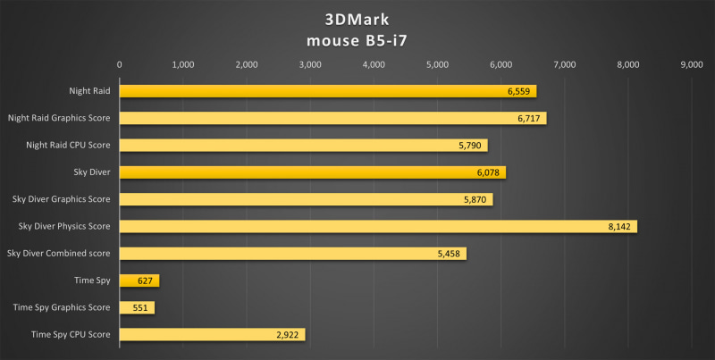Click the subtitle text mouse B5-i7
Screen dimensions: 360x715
click(x=356, y=38)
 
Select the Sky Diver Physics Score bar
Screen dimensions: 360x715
click(x=377, y=227)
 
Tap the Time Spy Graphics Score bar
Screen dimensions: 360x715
click(x=137, y=307)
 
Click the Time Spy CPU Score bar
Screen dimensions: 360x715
click(x=213, y=334)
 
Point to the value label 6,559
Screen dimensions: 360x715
click(x=518, y=91)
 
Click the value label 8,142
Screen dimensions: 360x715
click(x=619, y=227)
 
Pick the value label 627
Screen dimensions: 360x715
click(x=146, y=280)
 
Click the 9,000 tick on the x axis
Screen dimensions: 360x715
click(x=692, y=64)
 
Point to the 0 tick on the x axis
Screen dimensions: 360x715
click(x=120, y=64)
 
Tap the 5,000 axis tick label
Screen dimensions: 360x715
click(x=437, y=64)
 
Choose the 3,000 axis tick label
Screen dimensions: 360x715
click(x=310, y=64)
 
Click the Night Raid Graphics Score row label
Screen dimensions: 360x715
click(x=59, y=118)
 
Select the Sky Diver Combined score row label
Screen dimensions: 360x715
click(x=58, y=254)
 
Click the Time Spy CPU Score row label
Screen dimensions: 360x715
click(x=71, y=334)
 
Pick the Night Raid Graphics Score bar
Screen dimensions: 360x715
click(x=332, y=118)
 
